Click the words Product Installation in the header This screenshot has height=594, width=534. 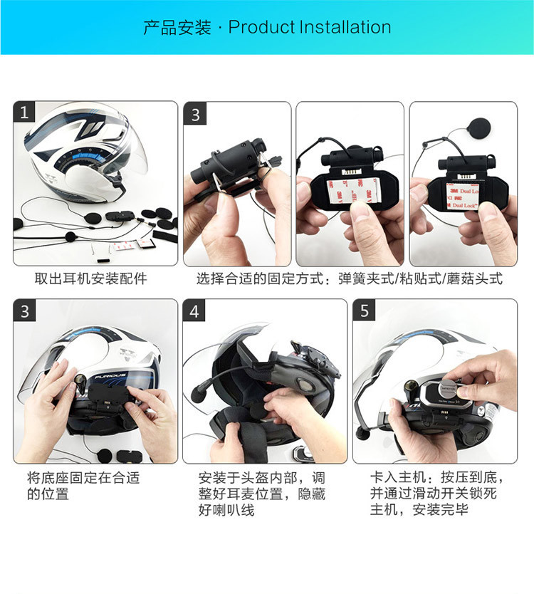coord(310,28)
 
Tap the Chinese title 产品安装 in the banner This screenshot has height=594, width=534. coord(177,28)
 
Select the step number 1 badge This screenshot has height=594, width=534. coord(25,113)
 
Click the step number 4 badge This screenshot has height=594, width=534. coord(195,311)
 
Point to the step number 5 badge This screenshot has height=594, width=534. coord(365,311)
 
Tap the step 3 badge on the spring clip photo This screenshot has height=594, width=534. coord(195,114)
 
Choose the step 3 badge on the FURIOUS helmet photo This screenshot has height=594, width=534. coord(25,311)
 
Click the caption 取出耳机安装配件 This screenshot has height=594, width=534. coord(91,278)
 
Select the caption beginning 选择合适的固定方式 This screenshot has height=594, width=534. coord(349,278)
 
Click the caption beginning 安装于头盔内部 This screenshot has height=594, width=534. coord(262,493)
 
